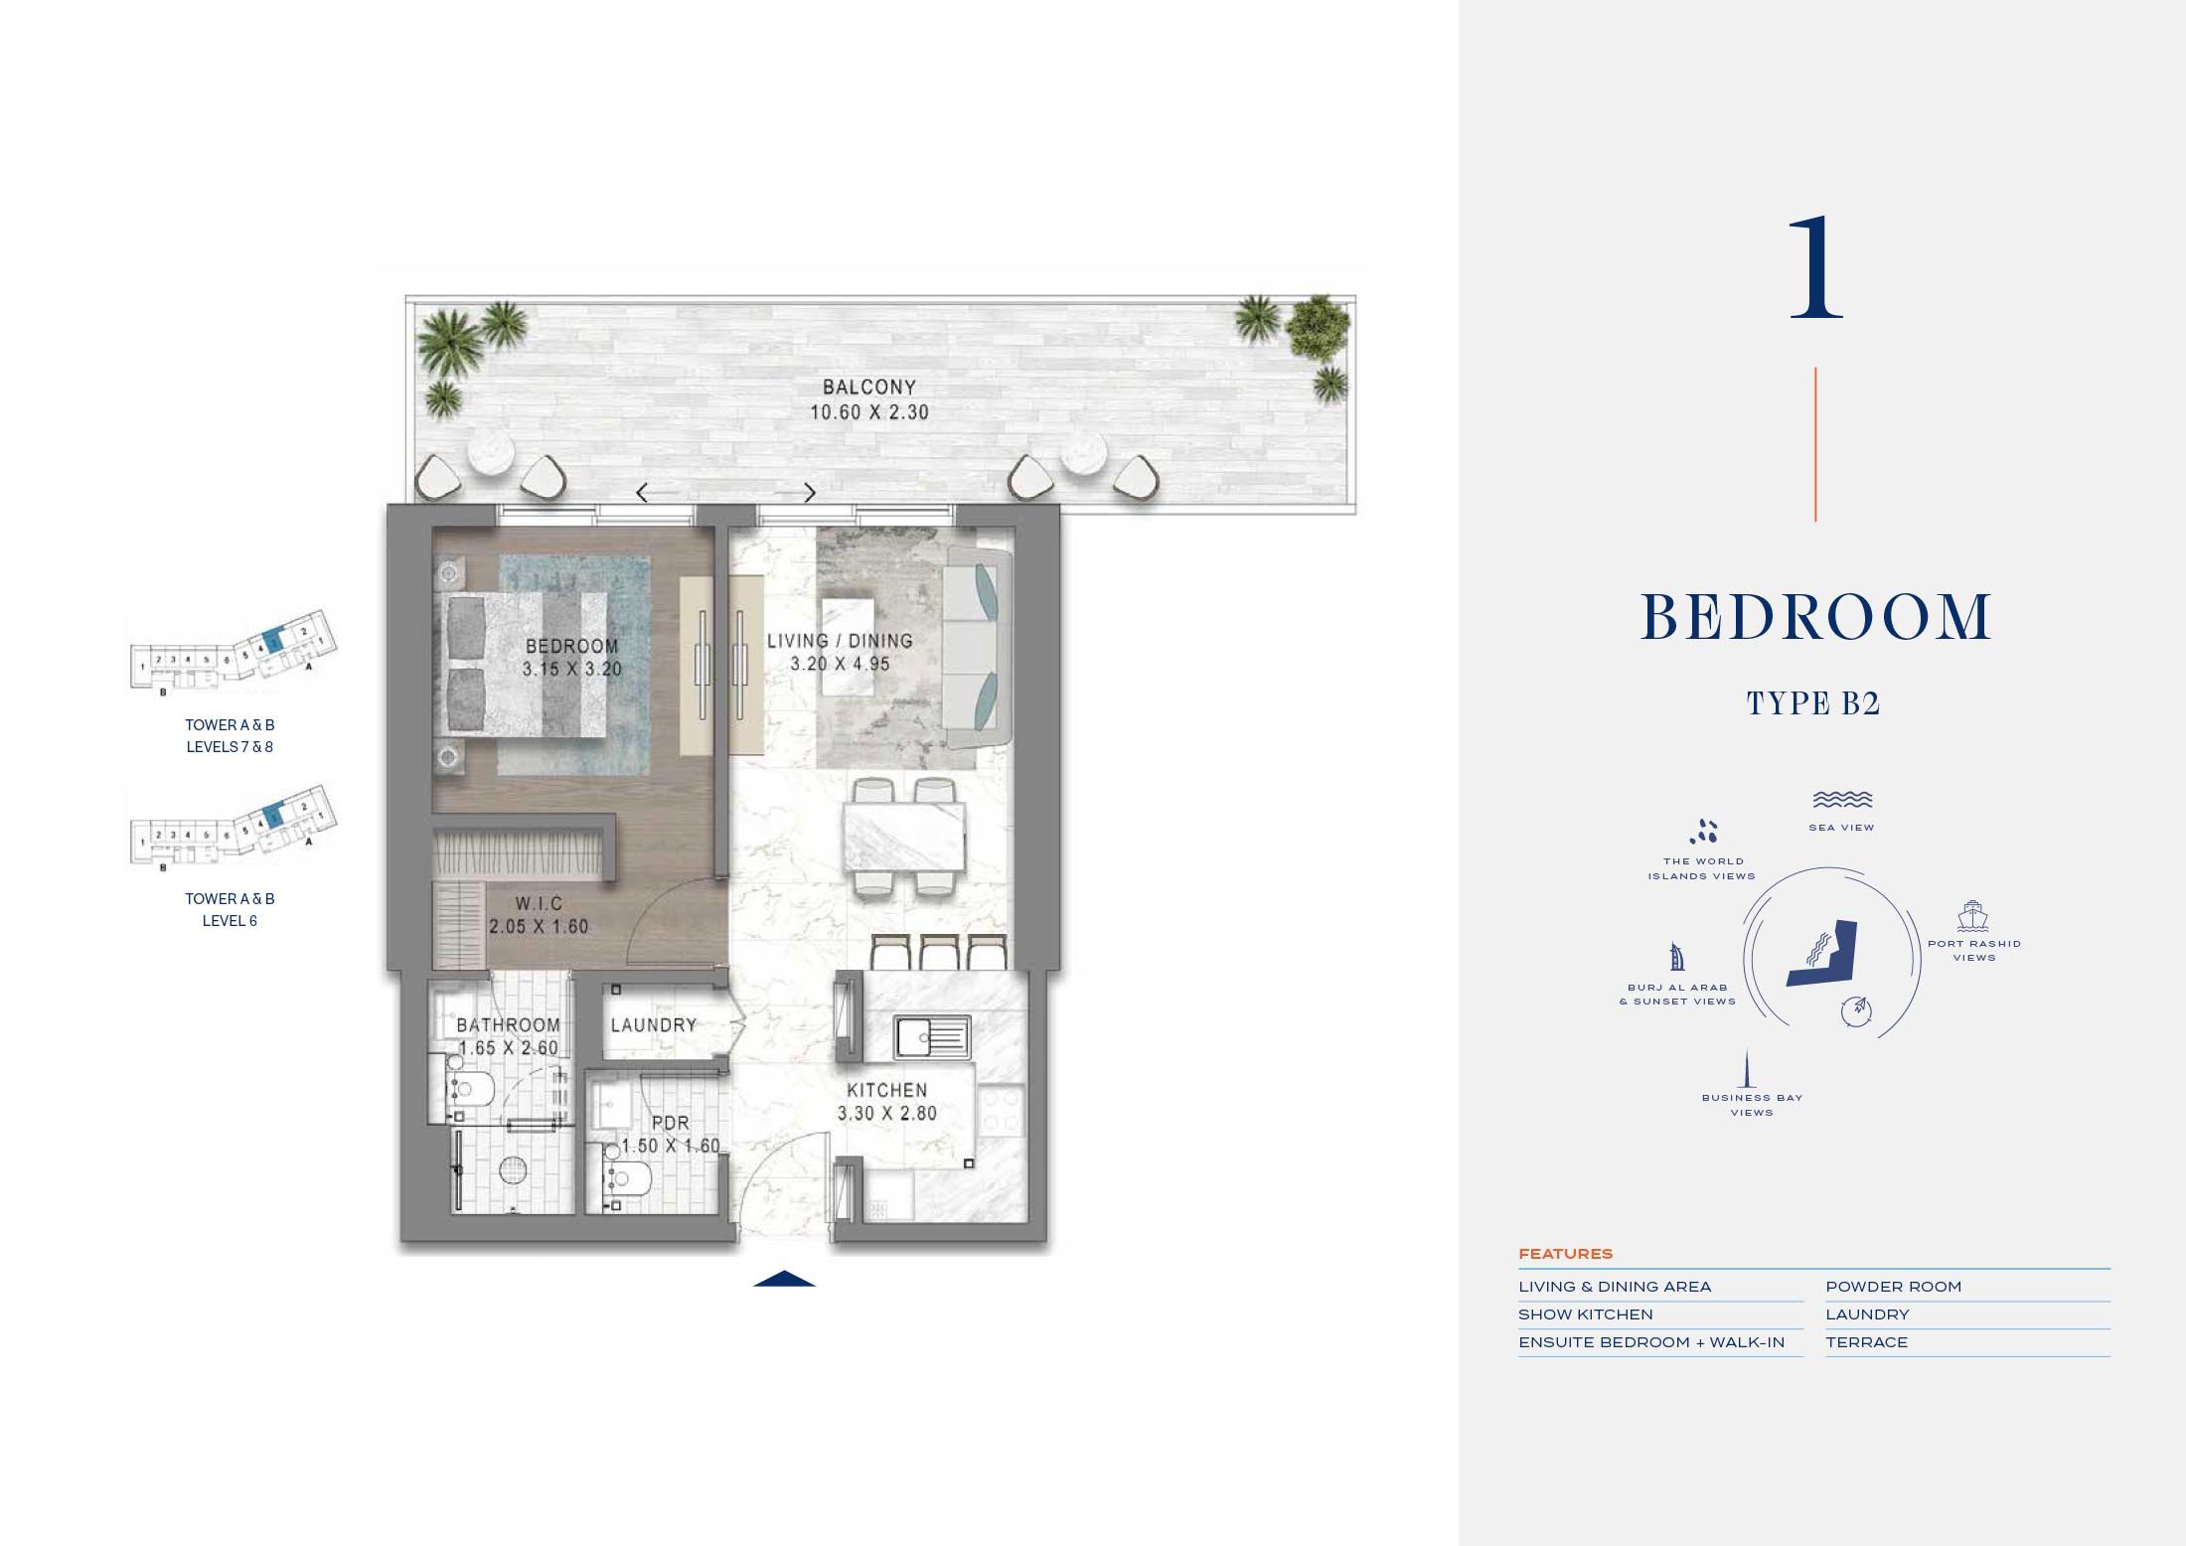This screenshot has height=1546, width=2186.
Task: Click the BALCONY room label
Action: coord(868,387)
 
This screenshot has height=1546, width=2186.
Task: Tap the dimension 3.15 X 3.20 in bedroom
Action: coord(571,670)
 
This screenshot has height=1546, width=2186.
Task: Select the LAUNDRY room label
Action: coord(653,1024)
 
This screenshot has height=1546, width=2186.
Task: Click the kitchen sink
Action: coord(932,1037)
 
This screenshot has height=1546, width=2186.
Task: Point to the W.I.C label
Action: coord(539,903)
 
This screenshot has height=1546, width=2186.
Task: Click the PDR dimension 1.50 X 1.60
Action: coord(671,1146)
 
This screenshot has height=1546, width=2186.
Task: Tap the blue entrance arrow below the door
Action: coord(784,1279)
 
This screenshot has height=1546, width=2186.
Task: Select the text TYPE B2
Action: coord(1813,703)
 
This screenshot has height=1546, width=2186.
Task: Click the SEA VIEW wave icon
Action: coord(1841,800)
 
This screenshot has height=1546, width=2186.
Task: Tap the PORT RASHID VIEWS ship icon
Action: coord(1971,916)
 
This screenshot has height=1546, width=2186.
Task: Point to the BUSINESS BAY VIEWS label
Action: coord(1752,1105)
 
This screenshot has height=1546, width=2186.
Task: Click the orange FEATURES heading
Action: coord(1565,1254)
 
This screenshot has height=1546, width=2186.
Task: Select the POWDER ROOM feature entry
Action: coord(1893,1287)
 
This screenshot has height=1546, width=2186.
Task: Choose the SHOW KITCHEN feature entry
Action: coord(1585,1314)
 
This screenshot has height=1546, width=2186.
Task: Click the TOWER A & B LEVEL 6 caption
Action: coord(230,909)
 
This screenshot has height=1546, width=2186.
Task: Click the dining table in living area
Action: coord(903,837)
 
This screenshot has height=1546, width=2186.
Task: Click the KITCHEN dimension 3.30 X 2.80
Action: coord(886,1114)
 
